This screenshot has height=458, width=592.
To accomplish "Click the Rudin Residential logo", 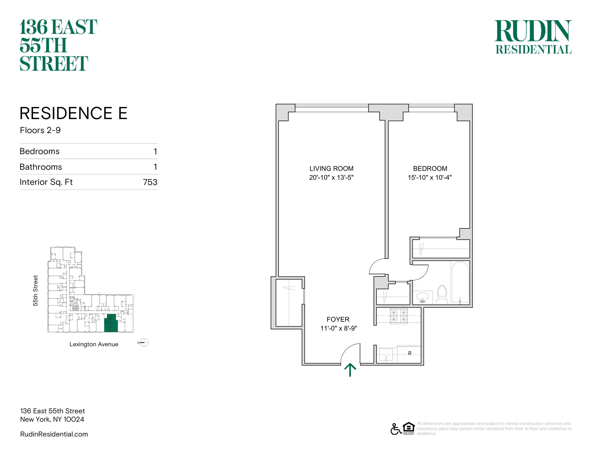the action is click(x=533, y=37).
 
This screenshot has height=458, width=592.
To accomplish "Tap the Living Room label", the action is click(x=331, y=168).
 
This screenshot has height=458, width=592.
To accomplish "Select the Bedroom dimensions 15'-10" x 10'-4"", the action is click(x=430, y=178).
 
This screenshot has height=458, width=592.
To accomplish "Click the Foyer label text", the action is click(x=338, y=319).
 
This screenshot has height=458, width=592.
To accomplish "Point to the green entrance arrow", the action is click(x=350, y=370).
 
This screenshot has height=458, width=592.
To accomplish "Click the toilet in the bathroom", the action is click(x=442, y=294).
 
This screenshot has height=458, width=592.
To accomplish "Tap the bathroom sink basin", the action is click(x=422, y=297).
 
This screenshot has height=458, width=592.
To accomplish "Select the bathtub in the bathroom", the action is click(x=460, y=282).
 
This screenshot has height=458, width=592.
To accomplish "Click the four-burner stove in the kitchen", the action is click(x=399, y=316).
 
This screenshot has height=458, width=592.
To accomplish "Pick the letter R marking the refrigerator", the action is click(x=410, y=353).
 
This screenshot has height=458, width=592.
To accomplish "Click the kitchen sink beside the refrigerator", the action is click(x=386, y=355).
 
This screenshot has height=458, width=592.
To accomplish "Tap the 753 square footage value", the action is click(x=150, y=182).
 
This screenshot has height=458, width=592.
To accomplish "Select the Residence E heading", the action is click(x=73, y=113).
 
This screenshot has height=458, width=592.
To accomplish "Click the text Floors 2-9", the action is click(x=40, y=130).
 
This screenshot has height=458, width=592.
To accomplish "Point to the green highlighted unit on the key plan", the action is click(x=111, y=323).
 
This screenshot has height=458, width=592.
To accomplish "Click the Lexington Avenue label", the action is click(x=94, y=344).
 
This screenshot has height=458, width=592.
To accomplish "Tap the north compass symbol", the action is click(x=144, y=343).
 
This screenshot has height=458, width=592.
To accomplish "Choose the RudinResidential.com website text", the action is click(x=54, y=434).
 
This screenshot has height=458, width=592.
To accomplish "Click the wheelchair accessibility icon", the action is click(x=396, y=429).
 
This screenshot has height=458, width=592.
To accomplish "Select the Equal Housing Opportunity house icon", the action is click(x=409, y=428).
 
